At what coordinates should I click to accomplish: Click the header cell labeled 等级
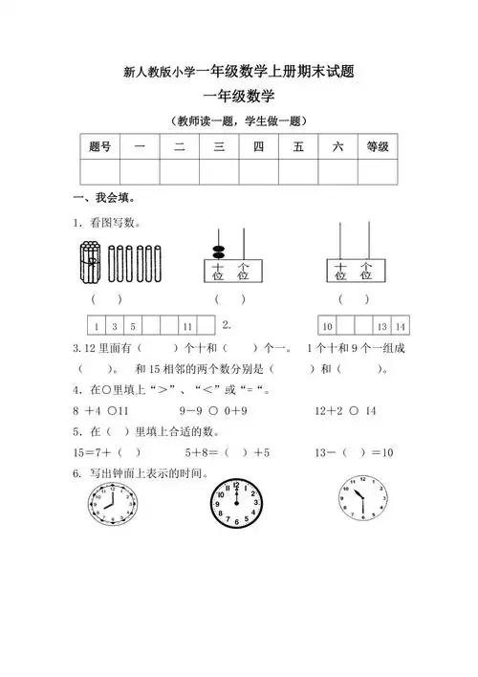pyautogui.click(x=378, y=146)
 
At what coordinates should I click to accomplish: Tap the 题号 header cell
pyautogui.click(x=99, y=146)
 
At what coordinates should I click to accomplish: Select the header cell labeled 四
pyautogui.click(x=258, y=146)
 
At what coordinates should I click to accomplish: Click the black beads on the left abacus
pyautogui.click(x=218, y=251)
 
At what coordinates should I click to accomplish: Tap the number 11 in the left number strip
pyautogui.click(x=187, y=326)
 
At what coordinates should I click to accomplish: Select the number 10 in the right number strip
pyautogui.click(x=327, y=326)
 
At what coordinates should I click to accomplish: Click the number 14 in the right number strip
pyautogui.click(x=400, y=326)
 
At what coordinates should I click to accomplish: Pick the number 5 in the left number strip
pyautogui.click(x=133, y=326)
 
